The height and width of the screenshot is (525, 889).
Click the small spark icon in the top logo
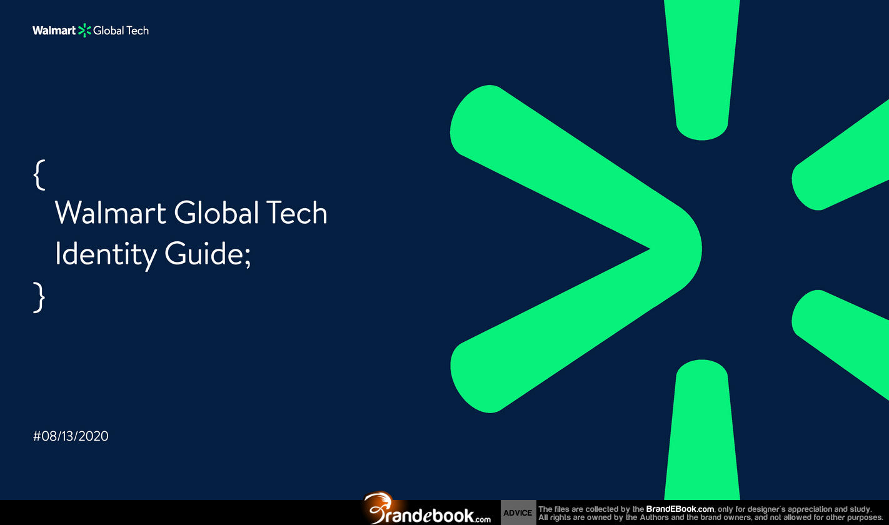pyautogui.click(x=84, y=31)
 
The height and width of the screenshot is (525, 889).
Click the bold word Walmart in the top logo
pyautogui.click(x=54, y=31)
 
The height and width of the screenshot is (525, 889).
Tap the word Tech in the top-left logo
pyautogui.click(x=138, y=31)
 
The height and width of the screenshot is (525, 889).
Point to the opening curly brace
pyautogui.click(x=39, y=175)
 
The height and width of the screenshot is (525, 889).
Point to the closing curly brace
pyautogui.click(x=39, y=297)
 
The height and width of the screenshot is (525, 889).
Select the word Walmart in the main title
pyautogui.click(x=110, y=212)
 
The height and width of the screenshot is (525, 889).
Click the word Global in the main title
pyautogui.click(x=217, y=212)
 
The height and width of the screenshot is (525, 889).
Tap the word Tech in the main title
pyautogui.click(x=296, y=212)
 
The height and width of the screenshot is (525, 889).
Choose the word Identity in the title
pyautogui.click(x=106, y=255)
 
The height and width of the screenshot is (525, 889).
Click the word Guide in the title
pyautogui.click(x=204, y=253)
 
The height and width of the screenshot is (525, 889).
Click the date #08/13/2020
pyautogui.click(x=71, y=436)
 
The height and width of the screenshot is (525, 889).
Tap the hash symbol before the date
pyautogui.click(x=37, y=436)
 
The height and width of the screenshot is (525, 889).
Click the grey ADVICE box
pyautogui.click(x=518, y=512)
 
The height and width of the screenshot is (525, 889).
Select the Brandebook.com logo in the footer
pyautogui.click(x=426, y=509)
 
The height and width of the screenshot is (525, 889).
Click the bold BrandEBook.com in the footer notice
pyautogui.click(x=680, y=509)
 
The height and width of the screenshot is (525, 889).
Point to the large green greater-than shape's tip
pyautogui.click(x=701, y=249)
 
